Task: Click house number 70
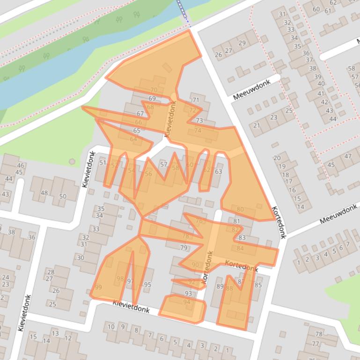tap(154, 90)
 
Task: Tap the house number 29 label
tap(242, 43)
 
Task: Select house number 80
tap(240, 209)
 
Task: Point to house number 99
tap(98, 287)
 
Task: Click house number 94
tap(187, 302)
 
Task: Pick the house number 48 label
tap(44, 193)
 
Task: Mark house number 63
tap(218, 172)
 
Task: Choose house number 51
tap(103, 162)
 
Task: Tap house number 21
tap(256, 125)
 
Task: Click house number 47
tap(348, 156)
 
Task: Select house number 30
tap(81, 258)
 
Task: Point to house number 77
tap(315, 344)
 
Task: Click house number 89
tap(220, 286)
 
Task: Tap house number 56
tap(148, 174)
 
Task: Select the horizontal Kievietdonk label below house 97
tap(131, 307)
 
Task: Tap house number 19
tap(282, 166)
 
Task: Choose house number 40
tap(321, 84)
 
